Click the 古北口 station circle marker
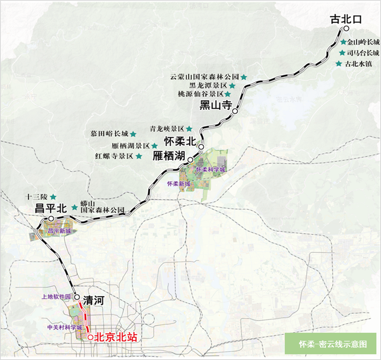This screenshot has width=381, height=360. click(346, 29)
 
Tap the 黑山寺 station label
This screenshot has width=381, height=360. click(216, 105)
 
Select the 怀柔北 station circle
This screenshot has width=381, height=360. click(201, 147)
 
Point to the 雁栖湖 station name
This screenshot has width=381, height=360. click(169, 155)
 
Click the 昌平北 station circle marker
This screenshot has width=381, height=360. click(51, 218)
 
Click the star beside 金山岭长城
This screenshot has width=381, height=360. click(344, 42)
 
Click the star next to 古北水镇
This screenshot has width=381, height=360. click(338, 64)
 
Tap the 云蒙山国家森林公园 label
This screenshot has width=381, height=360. click(205, 76)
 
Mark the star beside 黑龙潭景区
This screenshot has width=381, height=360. click(232, 85)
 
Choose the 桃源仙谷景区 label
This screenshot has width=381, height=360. click(202, 94)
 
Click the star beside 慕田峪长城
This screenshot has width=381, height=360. click(133, 134)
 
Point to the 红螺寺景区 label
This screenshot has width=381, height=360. click(114, 156)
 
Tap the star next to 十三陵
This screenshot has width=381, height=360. click(53, 197)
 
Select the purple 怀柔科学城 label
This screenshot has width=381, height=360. click(211, 169)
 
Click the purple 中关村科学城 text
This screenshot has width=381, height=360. click(65, 328)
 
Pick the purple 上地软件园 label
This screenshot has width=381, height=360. click(57, 297)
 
